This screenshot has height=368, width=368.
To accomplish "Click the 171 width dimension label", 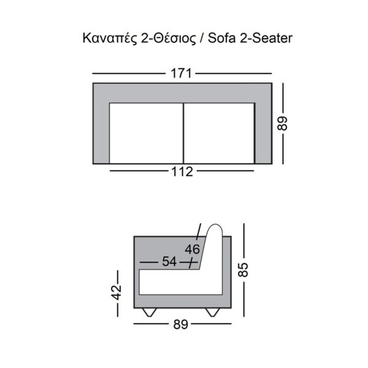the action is (181, 73).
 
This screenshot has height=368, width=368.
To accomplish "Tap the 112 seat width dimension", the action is (182, 172).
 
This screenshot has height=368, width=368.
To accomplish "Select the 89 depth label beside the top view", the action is (282, 123).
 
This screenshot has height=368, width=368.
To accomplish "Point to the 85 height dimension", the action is (243, 270).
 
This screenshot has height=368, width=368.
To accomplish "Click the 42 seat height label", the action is (117, 293).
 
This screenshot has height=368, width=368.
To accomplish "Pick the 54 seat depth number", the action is (169, 261).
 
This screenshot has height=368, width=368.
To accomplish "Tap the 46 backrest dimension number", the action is (192, 250).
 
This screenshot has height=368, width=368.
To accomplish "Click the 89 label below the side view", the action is (181, 324).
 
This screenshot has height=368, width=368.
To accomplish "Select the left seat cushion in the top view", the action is (146, 133).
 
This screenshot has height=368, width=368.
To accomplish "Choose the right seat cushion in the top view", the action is (219, 133).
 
